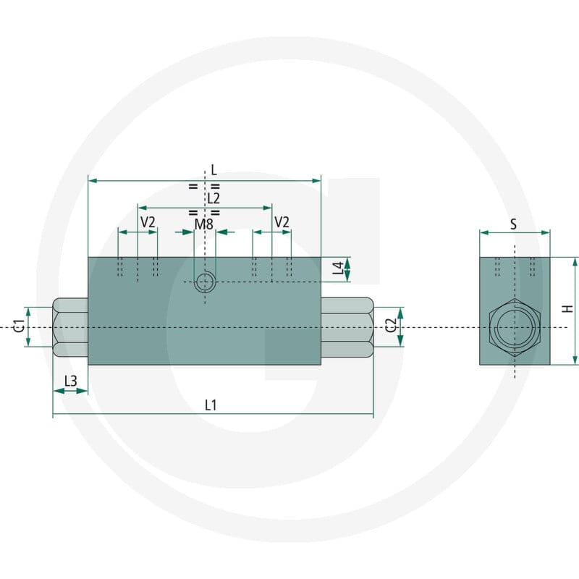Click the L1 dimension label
pos(211,405)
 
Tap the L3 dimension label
pos(70,381)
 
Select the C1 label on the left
pos(20,326)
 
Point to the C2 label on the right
pos(391,325)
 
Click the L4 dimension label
pos(338,268)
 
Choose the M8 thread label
pos(204,224)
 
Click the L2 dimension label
pos(214,198)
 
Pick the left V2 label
pos(148,222)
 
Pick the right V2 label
pos(282,222)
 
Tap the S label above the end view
pos(513,224)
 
